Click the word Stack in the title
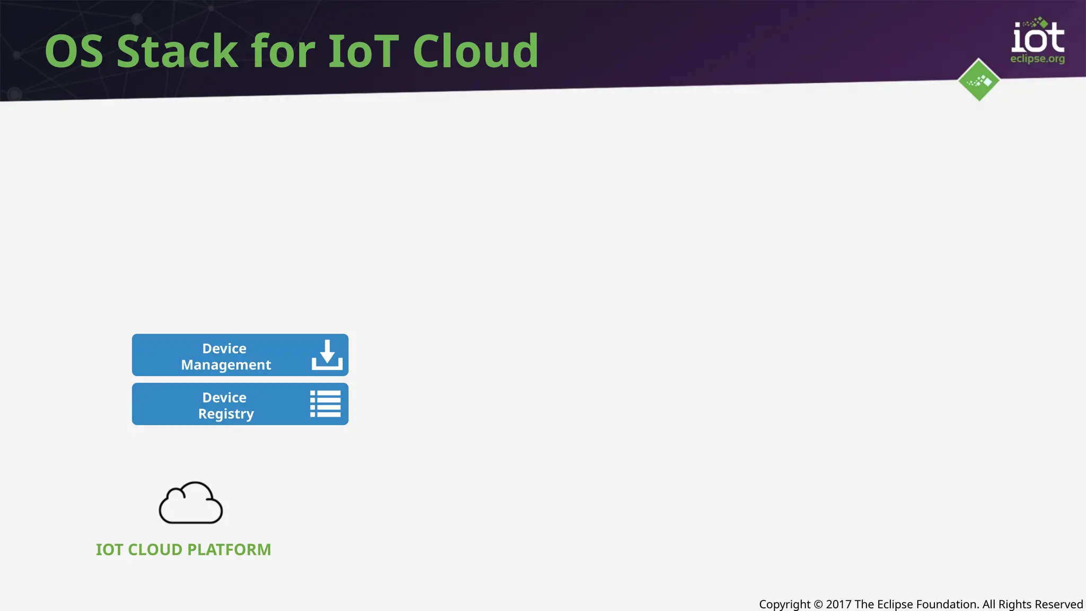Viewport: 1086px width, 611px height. click(177, 51)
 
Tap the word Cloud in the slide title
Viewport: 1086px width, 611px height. click(475, 51)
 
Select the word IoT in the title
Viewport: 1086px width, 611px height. click(364, 51)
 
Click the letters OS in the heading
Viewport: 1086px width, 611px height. click(74, 51)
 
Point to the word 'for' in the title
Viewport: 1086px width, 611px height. click(284, 51)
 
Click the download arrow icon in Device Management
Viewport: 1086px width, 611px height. click(327, 355)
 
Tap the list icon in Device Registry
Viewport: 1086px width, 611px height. click(325, 404)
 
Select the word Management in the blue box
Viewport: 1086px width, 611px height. click(226, 365)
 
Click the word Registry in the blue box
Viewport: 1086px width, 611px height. click(226, 414)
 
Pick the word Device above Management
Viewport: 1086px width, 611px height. click(224, 348)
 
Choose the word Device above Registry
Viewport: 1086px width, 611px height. click(224, 397)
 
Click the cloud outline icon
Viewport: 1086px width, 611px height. click(191, 503)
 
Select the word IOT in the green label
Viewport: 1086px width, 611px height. click(109, 549)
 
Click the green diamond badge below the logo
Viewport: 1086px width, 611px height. click(979, 80)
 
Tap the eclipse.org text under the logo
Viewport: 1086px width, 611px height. click(1037, 59)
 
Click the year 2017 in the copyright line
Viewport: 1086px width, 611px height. click(838, 604)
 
